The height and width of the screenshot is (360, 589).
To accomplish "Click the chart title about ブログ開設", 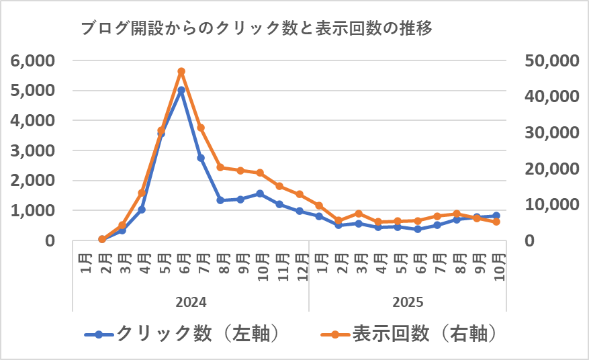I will click(255, 29).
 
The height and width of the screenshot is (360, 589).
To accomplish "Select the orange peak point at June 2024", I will click(181, 71).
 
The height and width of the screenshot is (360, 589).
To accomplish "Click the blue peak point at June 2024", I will click(181, 90).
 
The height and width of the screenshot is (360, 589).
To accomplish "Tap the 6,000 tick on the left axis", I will click(33, 60).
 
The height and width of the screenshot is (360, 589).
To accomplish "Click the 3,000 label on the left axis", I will click(33, 150).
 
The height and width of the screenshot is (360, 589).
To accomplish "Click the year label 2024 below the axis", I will click(191, 302).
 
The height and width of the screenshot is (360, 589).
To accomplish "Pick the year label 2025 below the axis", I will click(408, 302).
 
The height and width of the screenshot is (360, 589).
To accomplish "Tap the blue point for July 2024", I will click(201, 158).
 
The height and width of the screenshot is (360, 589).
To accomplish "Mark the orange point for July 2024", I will click(201, 128).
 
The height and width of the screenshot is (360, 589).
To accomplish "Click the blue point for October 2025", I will click(496, 216).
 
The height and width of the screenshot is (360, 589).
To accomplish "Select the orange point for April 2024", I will click(142, 193).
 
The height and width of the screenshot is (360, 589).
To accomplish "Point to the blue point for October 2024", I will click(260, 193).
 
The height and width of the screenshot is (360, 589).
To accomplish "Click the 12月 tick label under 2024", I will click(300, 265).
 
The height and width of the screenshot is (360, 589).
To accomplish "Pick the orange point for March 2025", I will click(359, 214).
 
